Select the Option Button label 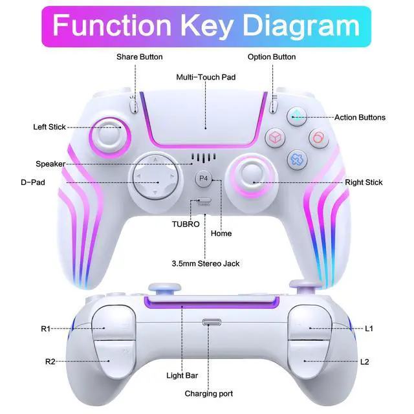click(x=272, y=57)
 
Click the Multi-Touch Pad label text click(x=206, y=77)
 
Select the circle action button click(x=318, y=137)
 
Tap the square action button click(x=275, y=137)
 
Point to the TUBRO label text click(x=185, y=224)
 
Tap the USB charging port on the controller click(x=211, y=323)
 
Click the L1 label click(x=369, y=329)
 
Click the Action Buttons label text click(x=360, y=118)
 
